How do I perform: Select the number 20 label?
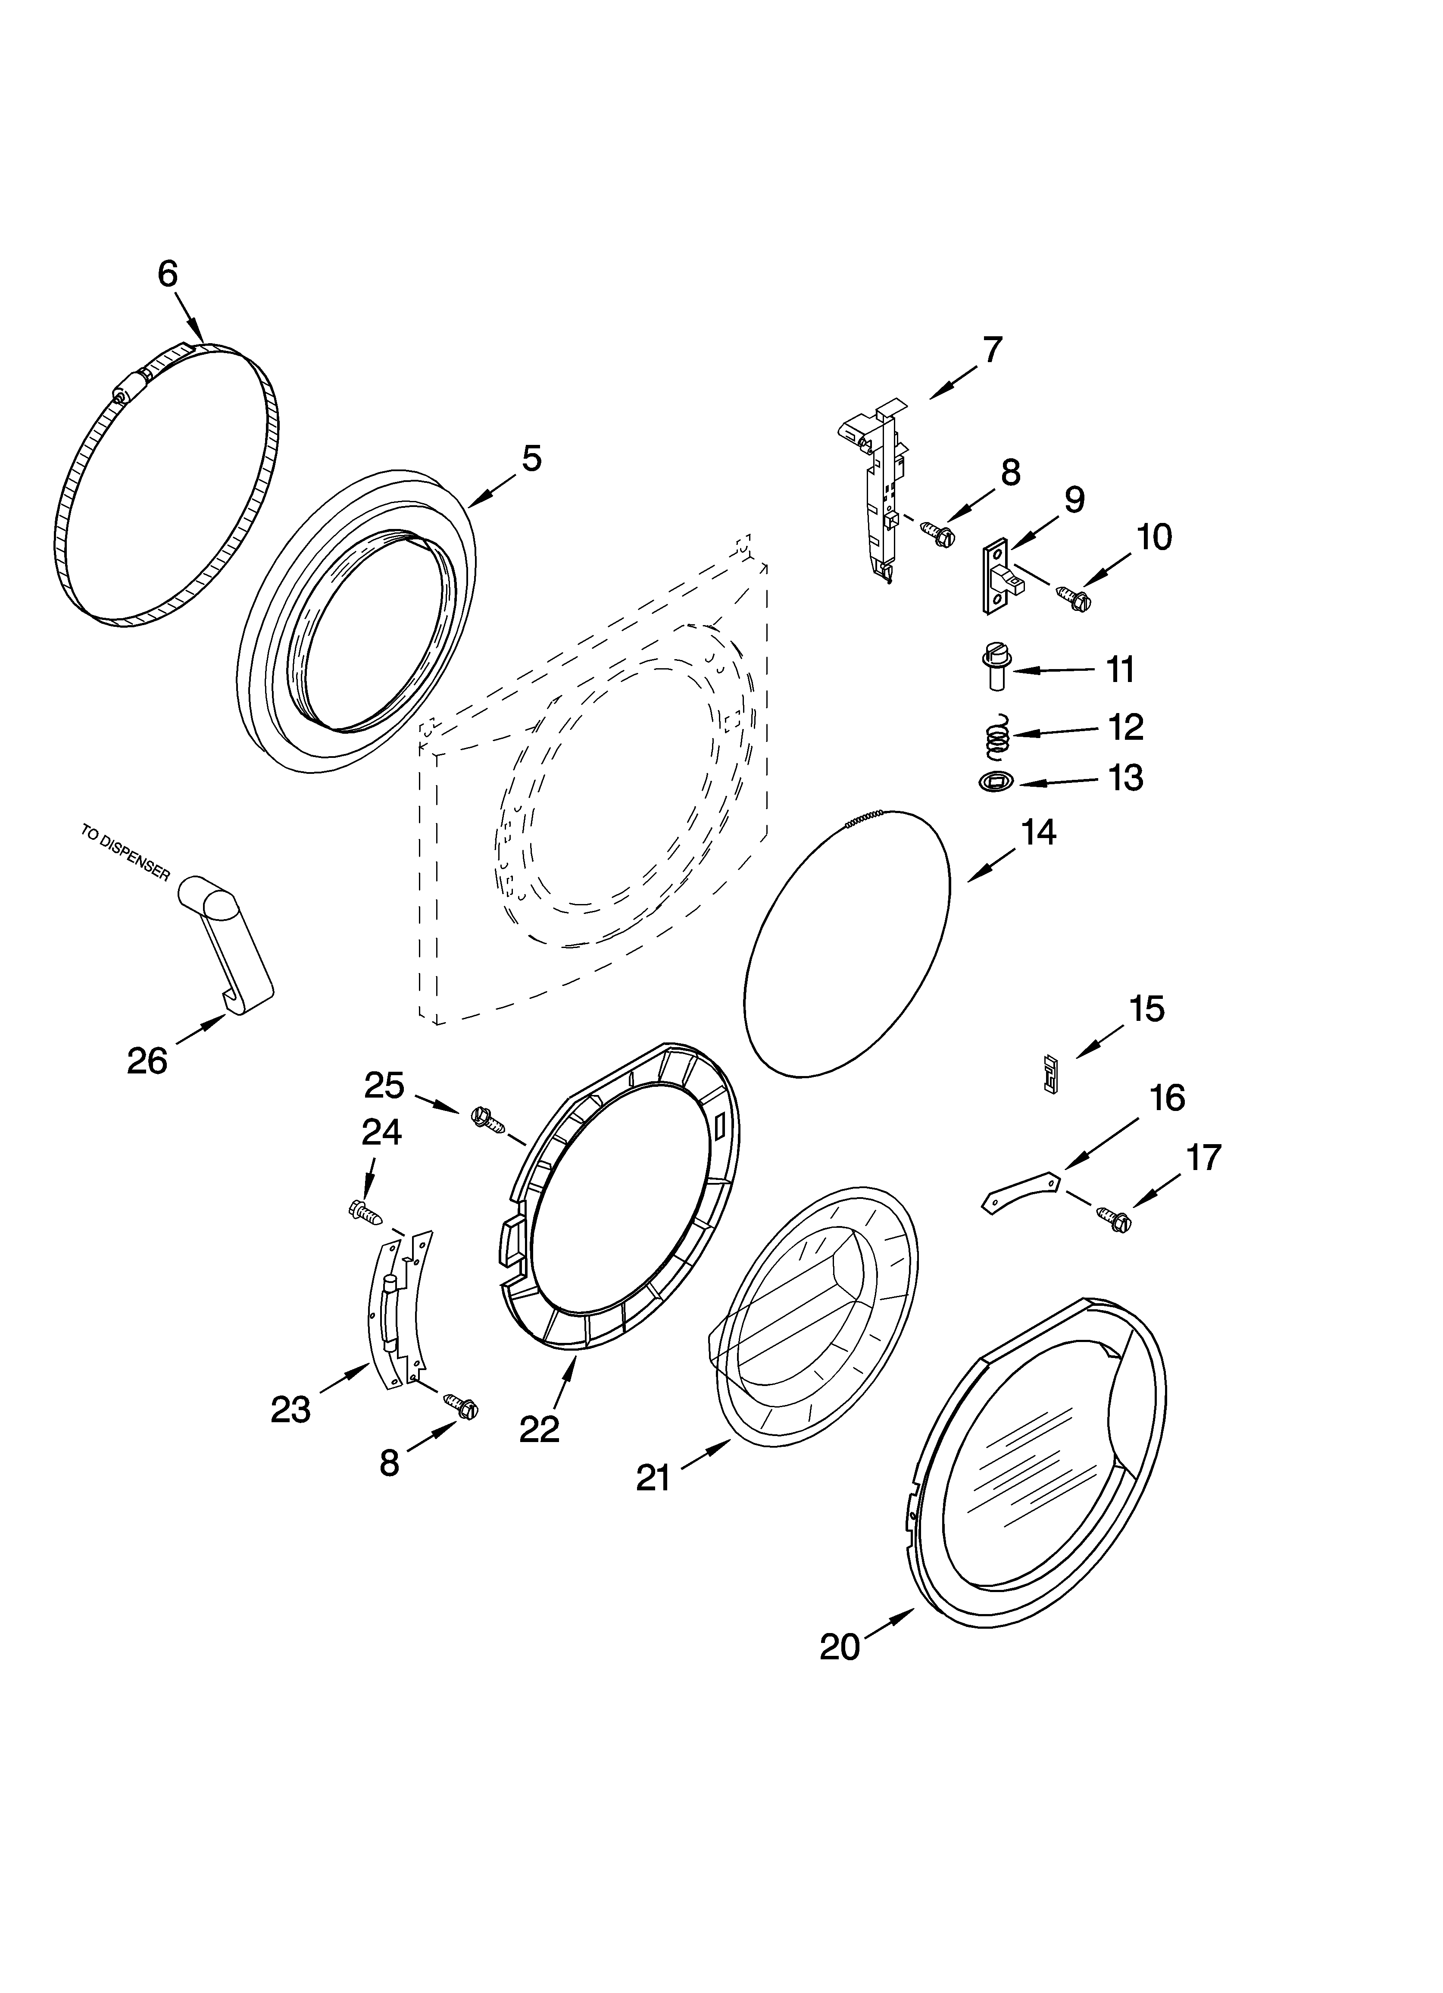coord(839,1646)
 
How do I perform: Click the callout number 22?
coord(539,1429)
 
